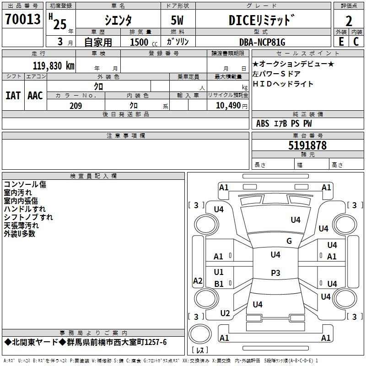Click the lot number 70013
22,19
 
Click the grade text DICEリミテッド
261,21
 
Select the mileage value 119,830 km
53,65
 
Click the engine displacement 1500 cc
141,42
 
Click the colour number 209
75,106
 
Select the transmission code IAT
13,96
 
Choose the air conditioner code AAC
35,96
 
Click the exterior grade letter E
341,42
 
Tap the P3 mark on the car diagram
275,273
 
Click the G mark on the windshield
289,241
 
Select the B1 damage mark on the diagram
219,284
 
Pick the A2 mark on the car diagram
198,281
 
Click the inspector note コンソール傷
25,184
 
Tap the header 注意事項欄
125,136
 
